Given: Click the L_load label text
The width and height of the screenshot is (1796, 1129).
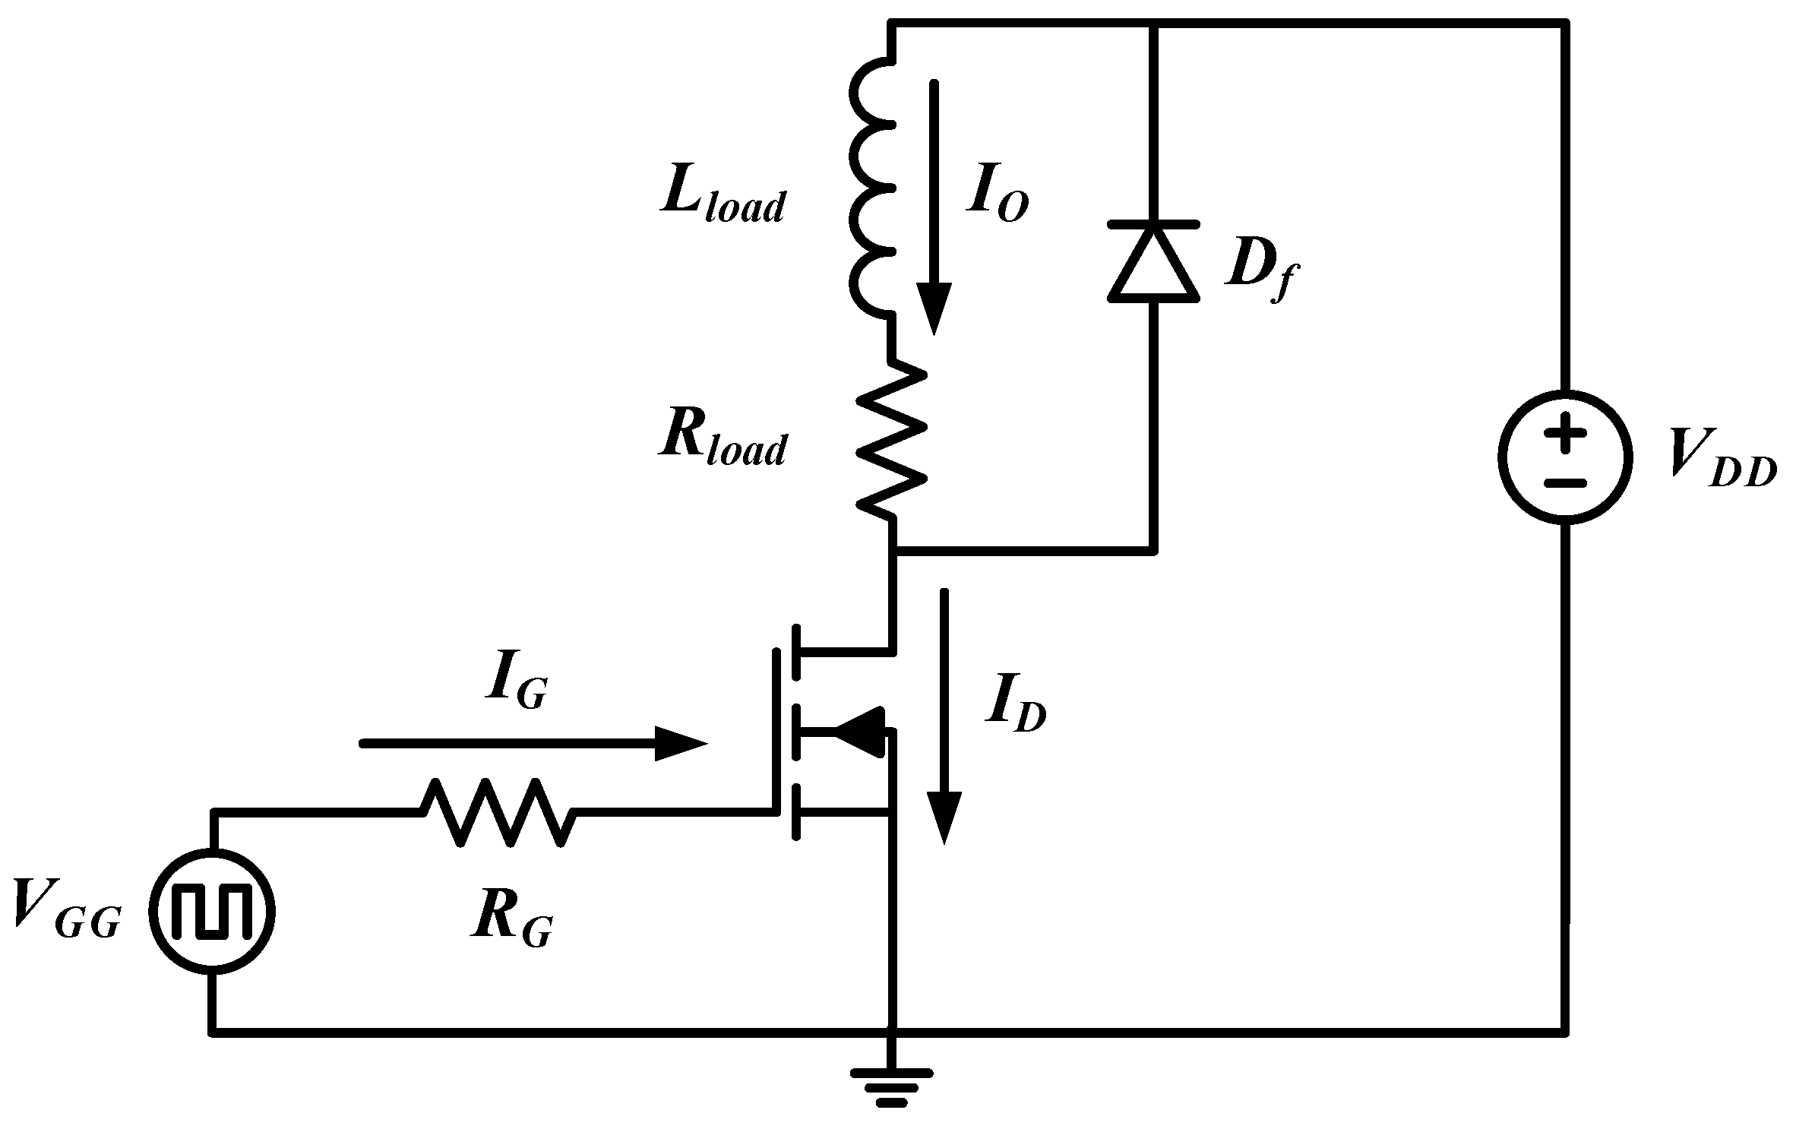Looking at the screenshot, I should click(x=722, y=200).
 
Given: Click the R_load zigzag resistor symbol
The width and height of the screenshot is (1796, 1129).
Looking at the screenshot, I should click(x=892, y=441).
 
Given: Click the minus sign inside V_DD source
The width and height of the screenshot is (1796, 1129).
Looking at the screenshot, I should click(x=1565, y=482).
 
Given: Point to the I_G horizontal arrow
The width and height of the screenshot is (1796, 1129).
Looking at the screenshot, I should click(x=532, y=744).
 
